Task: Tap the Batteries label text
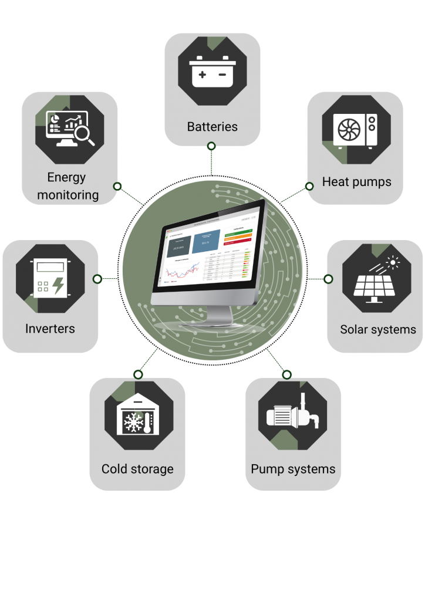pyautogui.click(x=212, y=126)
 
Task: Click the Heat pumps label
pyautogui.click(x=356, y=181)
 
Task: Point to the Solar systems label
pyautogui.click(x=377, y=329)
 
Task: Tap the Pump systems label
pyautogui.click(x=293, y=469)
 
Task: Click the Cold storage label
pyautogui.click(x=137, y=469)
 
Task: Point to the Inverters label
pyautogui.click(x=50, y=328)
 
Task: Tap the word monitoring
pyautogui.click(x=68, y=195)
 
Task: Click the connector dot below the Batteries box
pyautogui.click(x=211, y=145)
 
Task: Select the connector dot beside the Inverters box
pyautogui.click(x=97, y=278)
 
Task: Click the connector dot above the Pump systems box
pyautogui.click(x=286, y=374)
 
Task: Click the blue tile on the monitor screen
pyautogui.click(x=206, y=241)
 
